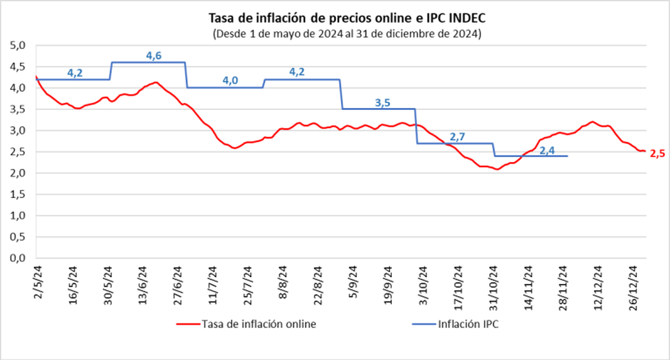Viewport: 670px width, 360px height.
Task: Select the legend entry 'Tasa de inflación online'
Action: coord(246,324)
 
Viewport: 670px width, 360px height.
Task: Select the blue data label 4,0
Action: coord(230,80)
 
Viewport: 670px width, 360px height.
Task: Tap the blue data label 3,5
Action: coord(382,102)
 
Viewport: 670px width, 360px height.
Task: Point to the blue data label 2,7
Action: coord(457,136)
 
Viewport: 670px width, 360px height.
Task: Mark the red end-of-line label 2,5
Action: coord(657,153)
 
